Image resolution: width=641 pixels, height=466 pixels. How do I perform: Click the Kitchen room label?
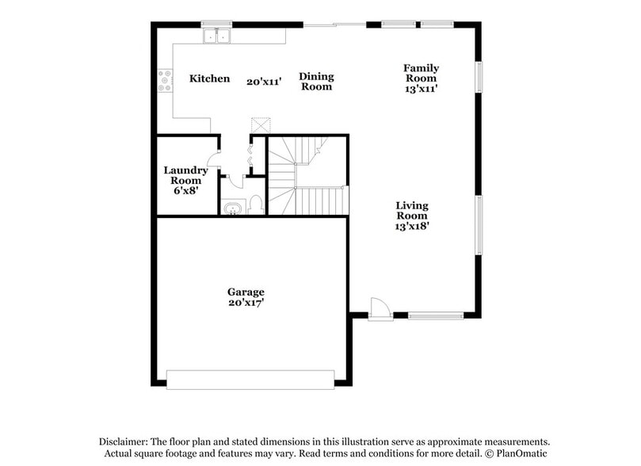tap(210, 78)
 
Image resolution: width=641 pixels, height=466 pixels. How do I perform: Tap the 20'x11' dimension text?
tap(264, 82)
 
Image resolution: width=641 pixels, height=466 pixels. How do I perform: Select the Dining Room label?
tap(316, 82)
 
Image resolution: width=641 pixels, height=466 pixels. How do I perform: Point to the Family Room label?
tap(421, 73)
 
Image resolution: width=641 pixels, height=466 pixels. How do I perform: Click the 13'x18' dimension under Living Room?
tap(412, 225)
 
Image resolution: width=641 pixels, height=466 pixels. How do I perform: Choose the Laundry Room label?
tap(185, 175)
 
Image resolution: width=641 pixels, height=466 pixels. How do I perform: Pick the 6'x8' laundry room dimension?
tap(185, 191)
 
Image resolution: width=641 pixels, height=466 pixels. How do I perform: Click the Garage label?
tap(246, 292)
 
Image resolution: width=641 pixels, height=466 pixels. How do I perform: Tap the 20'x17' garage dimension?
tap(246, 302)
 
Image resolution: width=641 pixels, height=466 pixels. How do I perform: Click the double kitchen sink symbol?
tap(216, 36)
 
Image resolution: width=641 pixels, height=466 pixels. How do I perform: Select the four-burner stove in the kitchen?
tap(165, 81)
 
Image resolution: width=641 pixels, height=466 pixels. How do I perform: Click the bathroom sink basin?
tap(234, 208)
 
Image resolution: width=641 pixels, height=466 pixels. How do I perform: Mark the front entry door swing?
tap(380, 307)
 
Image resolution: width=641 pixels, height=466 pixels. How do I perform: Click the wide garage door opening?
tap(250, 379)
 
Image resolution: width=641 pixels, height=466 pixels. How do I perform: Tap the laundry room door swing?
tap(213, 157)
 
